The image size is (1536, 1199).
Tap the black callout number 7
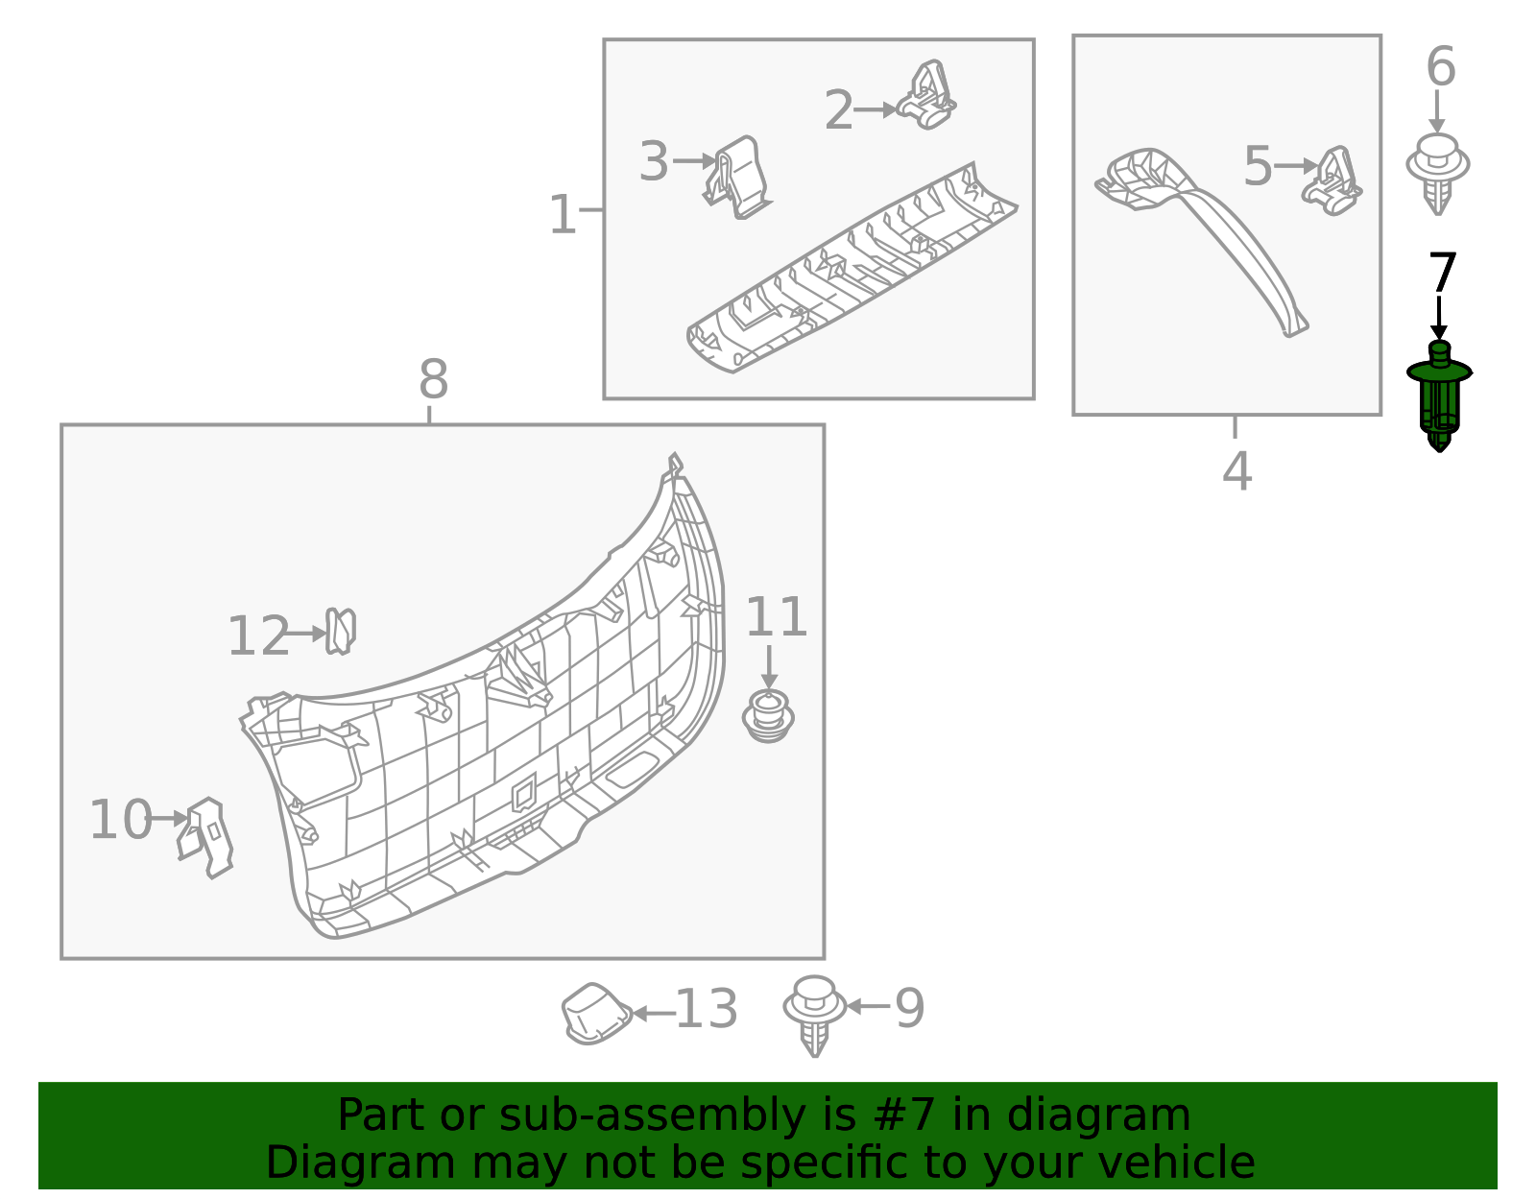click(1442, 274)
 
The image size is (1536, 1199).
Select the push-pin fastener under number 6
click(1437, 174)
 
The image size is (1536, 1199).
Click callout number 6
click(1440, 67)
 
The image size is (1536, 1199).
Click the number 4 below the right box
click(1236, 471)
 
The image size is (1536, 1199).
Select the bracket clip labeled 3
click(737, 177)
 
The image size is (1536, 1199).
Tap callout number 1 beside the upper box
click(563, 215)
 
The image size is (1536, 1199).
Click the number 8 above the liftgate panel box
click(433, 380)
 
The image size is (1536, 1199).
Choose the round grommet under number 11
click(768, 716)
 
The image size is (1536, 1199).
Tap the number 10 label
click(120, 820)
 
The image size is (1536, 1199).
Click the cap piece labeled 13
click(595, 1013)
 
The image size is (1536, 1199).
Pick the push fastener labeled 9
click(814, 1014)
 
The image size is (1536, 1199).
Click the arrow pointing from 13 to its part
click(654, 1013)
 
